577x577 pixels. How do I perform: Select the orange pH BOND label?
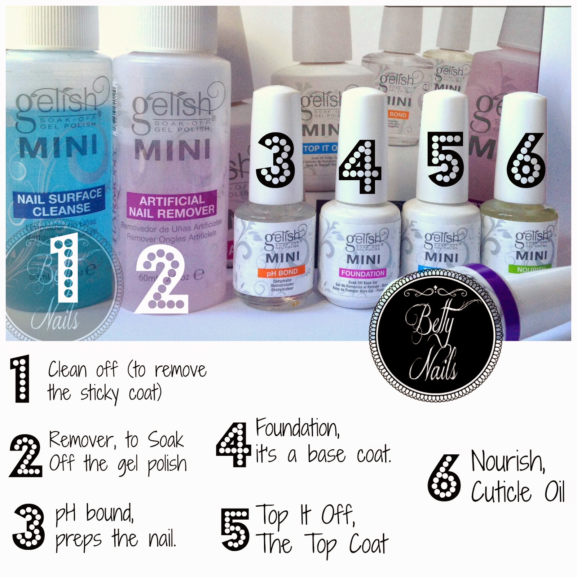[x=282, y=272]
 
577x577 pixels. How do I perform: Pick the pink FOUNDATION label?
[x=363, y=273]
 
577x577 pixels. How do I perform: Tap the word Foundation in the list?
[x=298, y=428]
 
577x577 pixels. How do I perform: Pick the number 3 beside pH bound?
[x=29, y=527]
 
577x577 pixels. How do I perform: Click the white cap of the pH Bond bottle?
[x=276, y=108]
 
